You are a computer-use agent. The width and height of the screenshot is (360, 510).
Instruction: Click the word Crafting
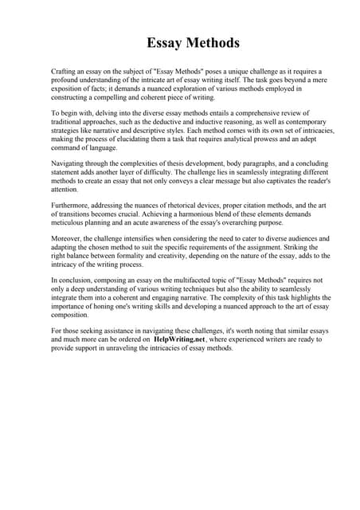click(x=65, y=71)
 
